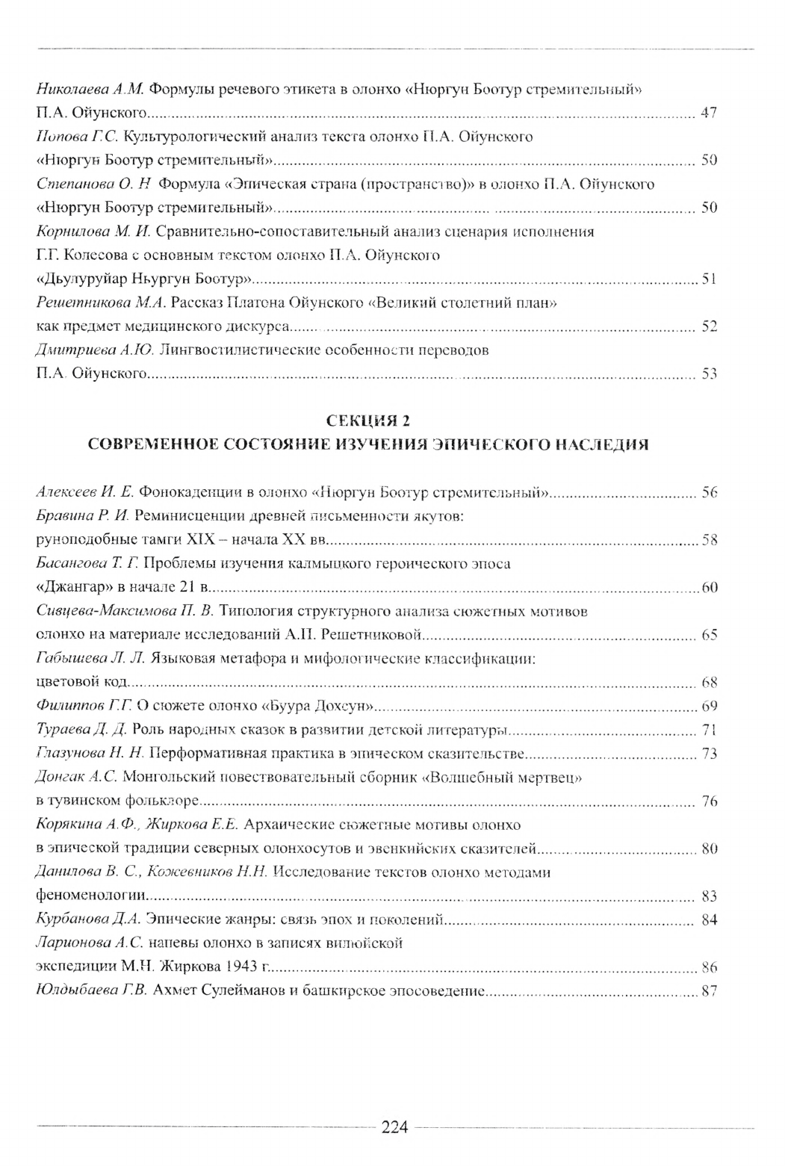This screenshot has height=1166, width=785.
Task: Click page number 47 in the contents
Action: point(709,114)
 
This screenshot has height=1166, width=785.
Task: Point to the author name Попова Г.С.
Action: point(77,137)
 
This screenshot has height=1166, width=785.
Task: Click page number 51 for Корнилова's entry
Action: point(709,280)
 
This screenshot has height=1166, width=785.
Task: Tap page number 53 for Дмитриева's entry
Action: point(709,374)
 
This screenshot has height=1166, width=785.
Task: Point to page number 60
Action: point(709,588)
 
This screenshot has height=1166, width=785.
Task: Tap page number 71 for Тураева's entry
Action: point(709,730)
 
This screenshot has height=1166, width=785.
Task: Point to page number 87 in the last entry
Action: point(709,992)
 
